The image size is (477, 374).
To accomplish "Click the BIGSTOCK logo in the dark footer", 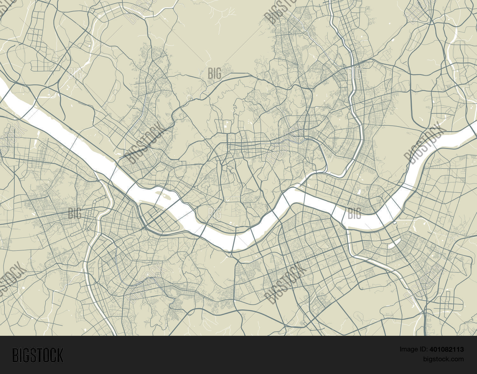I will click(x=38, y=355).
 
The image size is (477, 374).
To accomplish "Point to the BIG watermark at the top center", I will click(x=215, y=73).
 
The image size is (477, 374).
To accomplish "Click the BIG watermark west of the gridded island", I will click(x=75, y=213).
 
